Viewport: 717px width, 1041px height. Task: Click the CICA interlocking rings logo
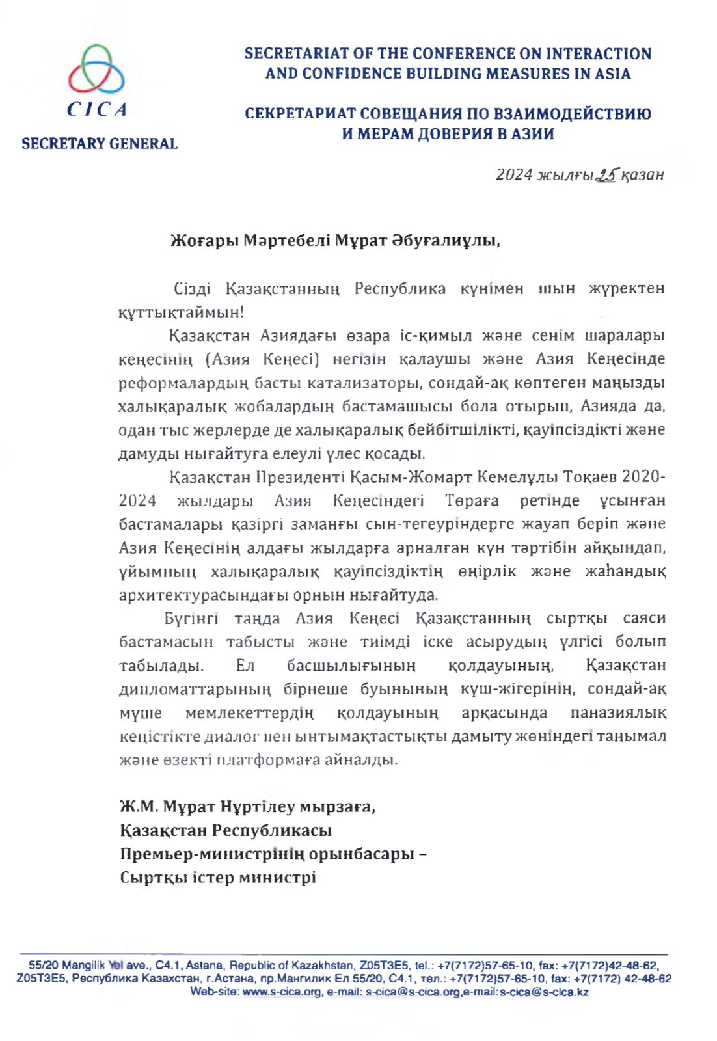click(97, 70)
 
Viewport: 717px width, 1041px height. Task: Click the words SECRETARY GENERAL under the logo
click(100, 144)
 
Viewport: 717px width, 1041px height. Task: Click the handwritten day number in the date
click(606, 174)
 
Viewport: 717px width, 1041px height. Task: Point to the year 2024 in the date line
click(514, 175)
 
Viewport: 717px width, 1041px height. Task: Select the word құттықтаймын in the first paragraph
click(180, 312)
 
